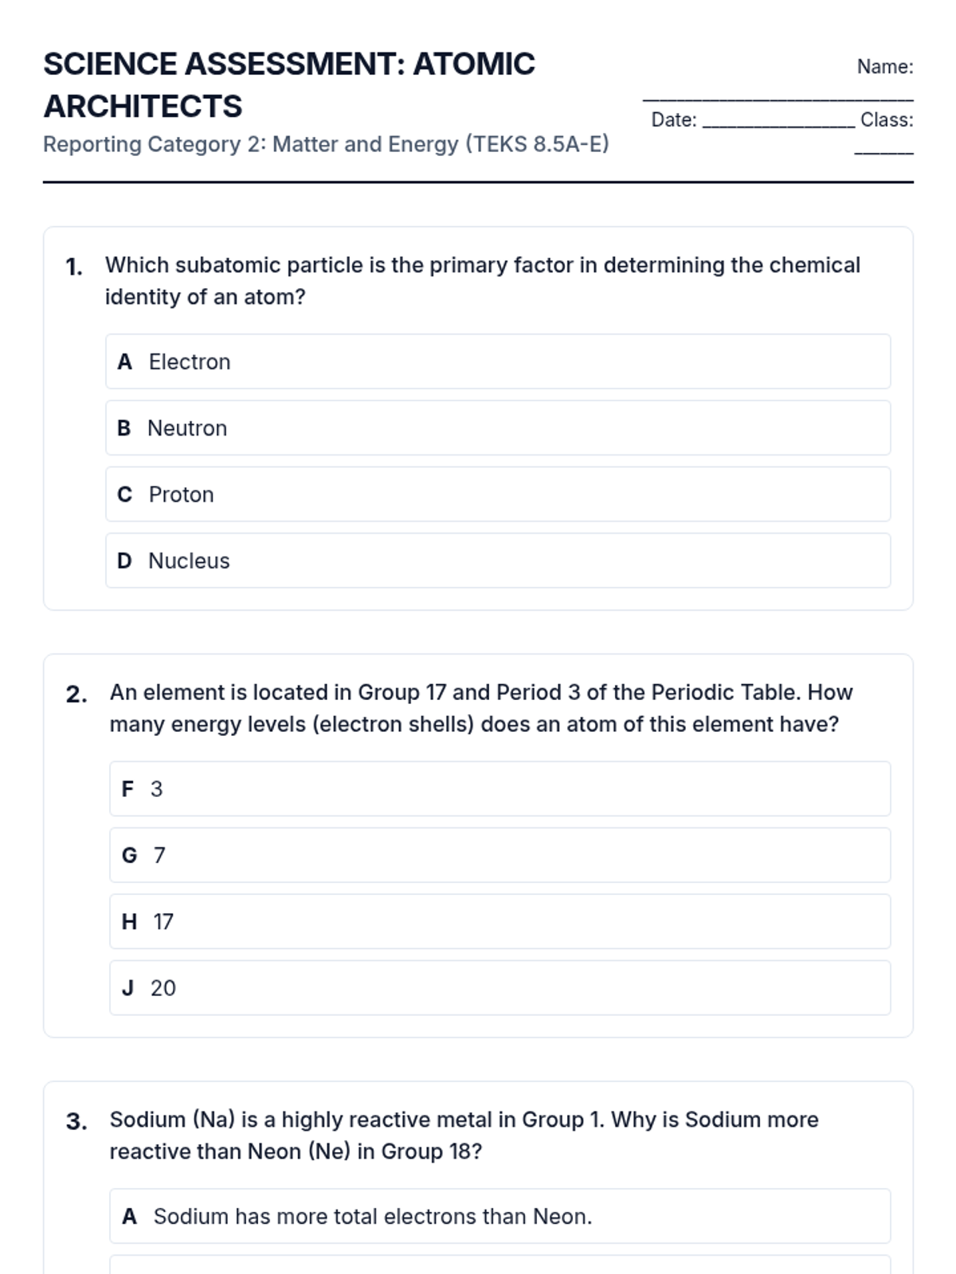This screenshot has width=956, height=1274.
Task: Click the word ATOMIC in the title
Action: click(473, 64)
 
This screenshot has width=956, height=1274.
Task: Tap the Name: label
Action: click(884, 67)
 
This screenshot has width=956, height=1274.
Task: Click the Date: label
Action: click(673, 120)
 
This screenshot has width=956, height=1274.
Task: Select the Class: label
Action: click(886, 120)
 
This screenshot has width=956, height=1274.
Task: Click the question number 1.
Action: click(74, 267)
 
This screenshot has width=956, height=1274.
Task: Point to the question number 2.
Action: click(76, 694)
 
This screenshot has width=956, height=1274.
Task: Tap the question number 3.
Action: click(76, 1122)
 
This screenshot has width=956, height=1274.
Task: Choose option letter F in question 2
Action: click(127, 789)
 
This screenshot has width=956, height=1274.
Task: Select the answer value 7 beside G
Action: click(159, 855)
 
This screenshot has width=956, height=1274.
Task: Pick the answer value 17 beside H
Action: click(163, 922)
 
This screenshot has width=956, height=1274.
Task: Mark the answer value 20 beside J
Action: click(163, 988)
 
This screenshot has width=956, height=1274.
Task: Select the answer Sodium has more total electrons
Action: click(372, 1217)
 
